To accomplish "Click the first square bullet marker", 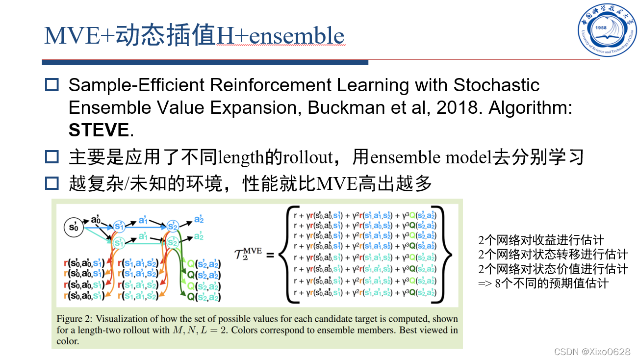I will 51,85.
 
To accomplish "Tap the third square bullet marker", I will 51,183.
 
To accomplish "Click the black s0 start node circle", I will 74,226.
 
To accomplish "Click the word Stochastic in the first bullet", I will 496,85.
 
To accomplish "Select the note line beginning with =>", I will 543,283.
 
